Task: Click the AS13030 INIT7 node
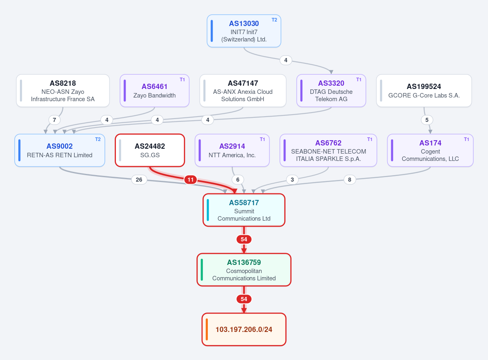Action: tap(244, 31)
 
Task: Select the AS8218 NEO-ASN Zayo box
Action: tap(63, 91)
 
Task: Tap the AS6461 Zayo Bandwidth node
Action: tap(155, 91)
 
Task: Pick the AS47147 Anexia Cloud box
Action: tap(243, 91)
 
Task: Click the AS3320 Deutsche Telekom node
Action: tap(331, 91)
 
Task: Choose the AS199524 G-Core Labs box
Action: tap(424, 91)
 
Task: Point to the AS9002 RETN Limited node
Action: tap(60, 150)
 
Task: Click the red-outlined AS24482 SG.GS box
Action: tap(150, 150)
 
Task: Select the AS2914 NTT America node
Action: tap(232, 150)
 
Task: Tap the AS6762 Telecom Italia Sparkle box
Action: tap(328, 150)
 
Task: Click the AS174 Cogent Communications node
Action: tap(430, 150)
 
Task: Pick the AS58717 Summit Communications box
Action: tap(244, 210)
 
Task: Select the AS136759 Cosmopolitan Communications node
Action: tap(244, 270)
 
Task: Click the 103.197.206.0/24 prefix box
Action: tap(244, 330)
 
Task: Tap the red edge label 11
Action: tap(191, 180)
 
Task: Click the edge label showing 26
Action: tap(139, 180)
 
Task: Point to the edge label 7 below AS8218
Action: tap(54, 120)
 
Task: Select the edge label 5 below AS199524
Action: tap(427, 120)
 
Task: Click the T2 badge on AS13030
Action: tap(274, 20)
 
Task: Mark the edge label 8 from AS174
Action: tap(350, 180)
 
